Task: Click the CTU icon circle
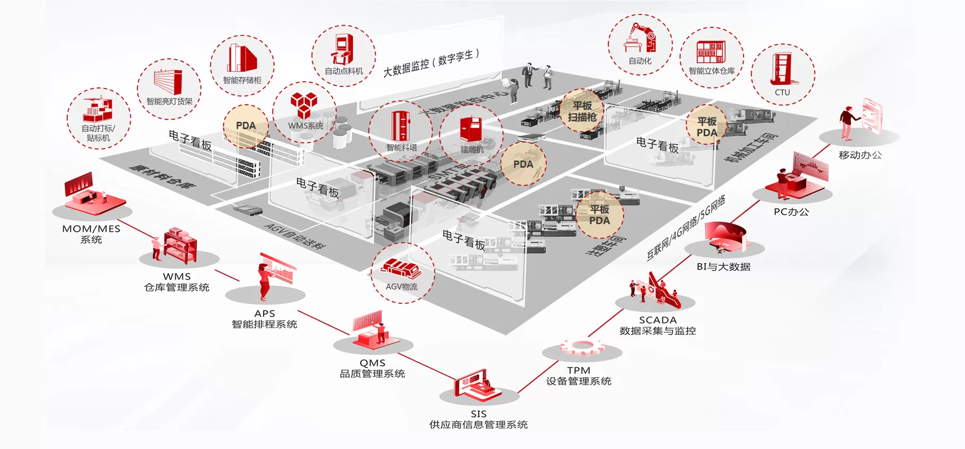pos(783,74)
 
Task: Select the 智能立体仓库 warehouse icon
pos(711,52)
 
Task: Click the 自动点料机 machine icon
pos(343,50)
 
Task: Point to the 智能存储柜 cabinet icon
pos(242,58)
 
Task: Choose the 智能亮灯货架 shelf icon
pos(169,82)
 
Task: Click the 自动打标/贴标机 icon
pos(98,110)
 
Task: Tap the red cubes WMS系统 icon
pos(304,105)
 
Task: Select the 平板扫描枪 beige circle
pos(582,111)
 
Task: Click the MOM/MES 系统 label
pos(91,234)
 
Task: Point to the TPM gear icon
pos(582,347)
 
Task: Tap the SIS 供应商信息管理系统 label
pos(478,419)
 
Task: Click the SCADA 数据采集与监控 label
pos(657,325)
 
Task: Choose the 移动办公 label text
pos(860,155)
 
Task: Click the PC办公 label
pos(791,212)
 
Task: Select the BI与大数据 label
pos(723,267)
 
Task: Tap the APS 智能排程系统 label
pos(264,319)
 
